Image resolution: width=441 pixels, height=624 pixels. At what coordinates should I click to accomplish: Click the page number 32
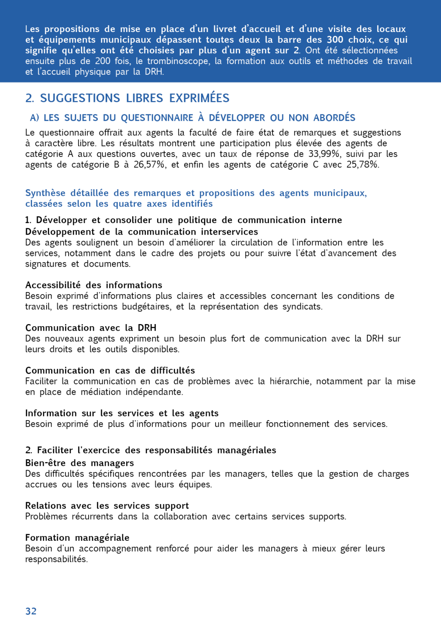(x=31, y=611)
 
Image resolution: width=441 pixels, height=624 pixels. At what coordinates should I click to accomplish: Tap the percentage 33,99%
(x=324, y=154)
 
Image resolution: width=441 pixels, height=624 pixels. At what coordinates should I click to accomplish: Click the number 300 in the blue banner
(x=335, y=40)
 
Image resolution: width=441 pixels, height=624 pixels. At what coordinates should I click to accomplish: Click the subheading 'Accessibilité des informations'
(x=94, y=285)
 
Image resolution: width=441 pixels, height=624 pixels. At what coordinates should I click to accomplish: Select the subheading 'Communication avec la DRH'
(x=91, y=328)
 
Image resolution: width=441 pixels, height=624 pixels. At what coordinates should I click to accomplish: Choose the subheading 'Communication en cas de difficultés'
(x=110, y=371)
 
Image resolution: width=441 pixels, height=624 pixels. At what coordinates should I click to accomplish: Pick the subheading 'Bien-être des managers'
(x=79, y=463)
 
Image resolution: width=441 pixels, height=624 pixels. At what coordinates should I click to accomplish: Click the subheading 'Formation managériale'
(x=77, y=538)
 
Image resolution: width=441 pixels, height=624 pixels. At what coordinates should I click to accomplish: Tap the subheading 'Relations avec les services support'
(x=107, y=506)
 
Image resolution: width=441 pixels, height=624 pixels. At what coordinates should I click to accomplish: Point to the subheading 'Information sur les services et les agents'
(x=121, y=413)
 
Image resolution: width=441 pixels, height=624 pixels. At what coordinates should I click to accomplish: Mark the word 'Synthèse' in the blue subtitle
(x=45, y=193)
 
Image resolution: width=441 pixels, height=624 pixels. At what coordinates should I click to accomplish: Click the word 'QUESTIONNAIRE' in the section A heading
(x=157, y=118)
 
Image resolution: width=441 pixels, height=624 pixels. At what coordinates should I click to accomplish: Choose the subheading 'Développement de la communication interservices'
(x=141, y=232)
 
